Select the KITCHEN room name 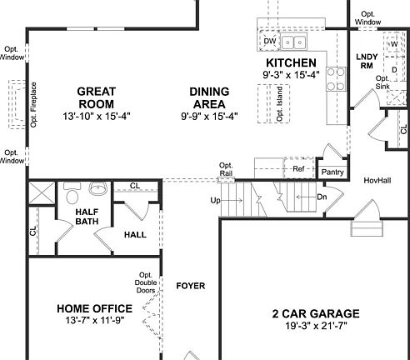[x=290, y=63]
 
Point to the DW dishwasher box [x=269, y=41]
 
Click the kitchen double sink [x=293, y=42]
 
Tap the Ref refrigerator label [x=297, y=169]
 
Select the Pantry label [x=332, y=172]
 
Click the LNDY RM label [x=367, y=62]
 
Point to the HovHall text [x=377, y=180]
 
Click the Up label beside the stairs [x=215, y=201]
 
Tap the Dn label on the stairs [x=322, y=197]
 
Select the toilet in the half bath [x=72, y=196]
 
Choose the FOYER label [x=190, y=286]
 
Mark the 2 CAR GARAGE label [x=316, y=314]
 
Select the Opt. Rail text [x=226, y=169]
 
